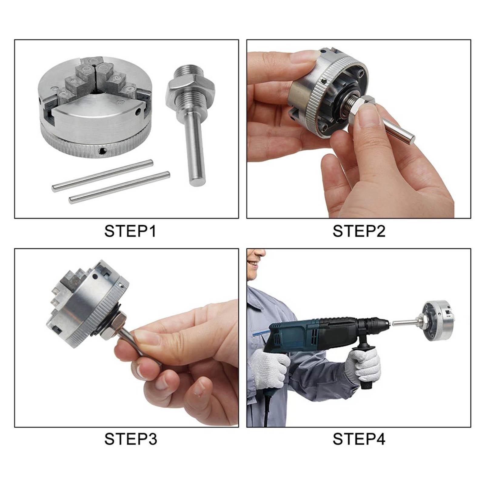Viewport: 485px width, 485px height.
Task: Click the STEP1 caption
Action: click(x=130, y=231)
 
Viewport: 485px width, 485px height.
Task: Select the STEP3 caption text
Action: click(x=130, y=439)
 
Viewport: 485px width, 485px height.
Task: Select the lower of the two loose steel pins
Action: click(x=119, y=188)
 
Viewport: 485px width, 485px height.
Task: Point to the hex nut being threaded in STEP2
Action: click(x=365, y=105)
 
